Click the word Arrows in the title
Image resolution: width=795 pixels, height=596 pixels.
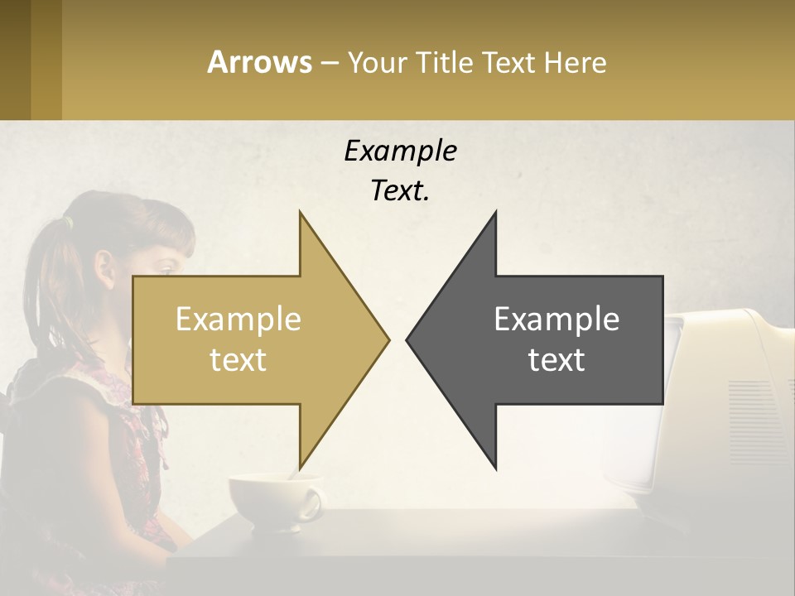coord(259,62)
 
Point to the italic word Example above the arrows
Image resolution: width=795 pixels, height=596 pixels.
coord(400,151)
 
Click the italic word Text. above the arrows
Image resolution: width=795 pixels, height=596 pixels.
coord(400,191)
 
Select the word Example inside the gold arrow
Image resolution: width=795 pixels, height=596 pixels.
coord(238,320)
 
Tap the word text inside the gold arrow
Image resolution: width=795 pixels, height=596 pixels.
coord(238,360)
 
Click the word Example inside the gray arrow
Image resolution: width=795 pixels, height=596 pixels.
coord(556,320)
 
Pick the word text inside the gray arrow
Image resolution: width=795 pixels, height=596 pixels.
coord(556,360)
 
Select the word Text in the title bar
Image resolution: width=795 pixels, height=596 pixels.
coord(509,62)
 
